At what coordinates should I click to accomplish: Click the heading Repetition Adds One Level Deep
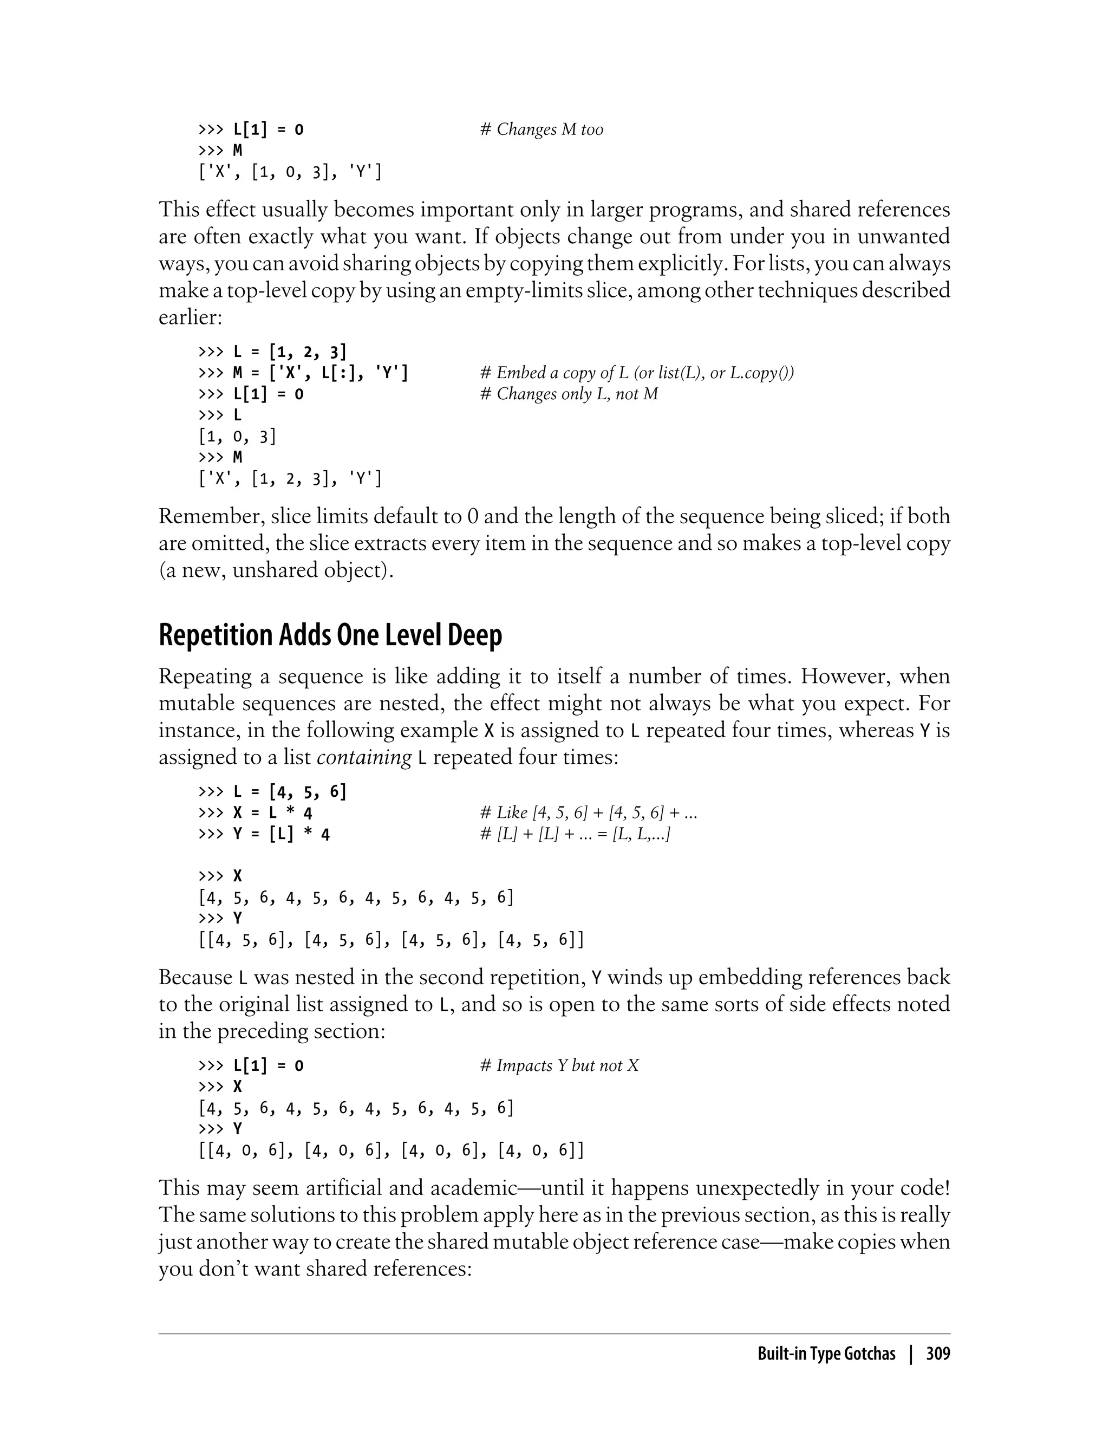(330, 635)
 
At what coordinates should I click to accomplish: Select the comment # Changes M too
(542, 129)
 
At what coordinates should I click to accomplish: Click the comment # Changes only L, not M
(569, 394)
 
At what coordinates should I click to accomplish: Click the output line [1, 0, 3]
(237, 437)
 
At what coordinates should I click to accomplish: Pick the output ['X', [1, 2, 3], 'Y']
(290, 479)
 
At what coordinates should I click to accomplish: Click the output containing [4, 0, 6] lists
(391, 1151)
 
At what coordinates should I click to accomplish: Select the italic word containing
(364, 757)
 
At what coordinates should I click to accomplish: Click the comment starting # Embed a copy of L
(636, 373)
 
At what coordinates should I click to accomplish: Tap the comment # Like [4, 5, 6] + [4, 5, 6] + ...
(588, 813)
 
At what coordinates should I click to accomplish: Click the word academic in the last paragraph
(473, 1188)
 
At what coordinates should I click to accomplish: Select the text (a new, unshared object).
(276, 570)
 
